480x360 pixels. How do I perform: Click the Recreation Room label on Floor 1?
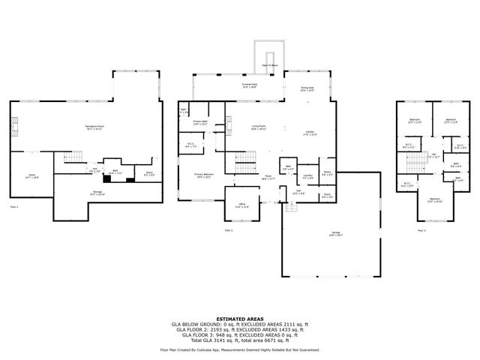(x=94, y=127)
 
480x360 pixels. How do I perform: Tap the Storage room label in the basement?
(x=98, y=192)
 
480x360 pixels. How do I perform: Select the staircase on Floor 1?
(x=70, y=156)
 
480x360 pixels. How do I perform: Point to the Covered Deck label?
(x=250, y=85)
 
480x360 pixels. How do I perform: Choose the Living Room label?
(x=259, y=127)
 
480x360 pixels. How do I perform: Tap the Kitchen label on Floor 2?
(x=308, y=133)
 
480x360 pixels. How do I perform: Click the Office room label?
(x=241, y=205)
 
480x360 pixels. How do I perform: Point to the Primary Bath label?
(x=199, y=121)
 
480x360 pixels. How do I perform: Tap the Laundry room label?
(x=307, y=177)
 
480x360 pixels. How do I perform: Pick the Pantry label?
(x=327, y=173)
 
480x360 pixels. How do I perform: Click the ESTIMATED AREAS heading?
(x=239, y=319)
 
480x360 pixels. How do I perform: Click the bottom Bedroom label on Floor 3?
(x=435, y=200)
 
